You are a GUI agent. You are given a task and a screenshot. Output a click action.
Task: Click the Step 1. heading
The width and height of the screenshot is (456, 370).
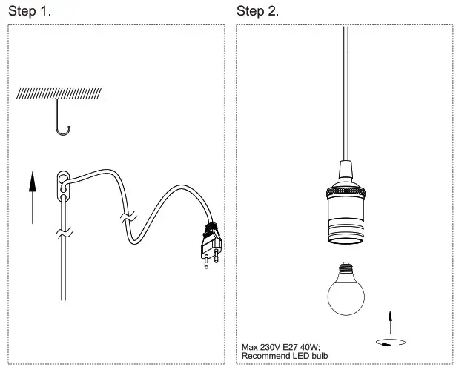30,11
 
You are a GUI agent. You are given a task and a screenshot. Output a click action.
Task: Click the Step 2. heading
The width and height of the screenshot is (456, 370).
258,11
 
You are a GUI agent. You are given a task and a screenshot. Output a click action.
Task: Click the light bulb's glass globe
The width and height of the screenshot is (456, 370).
346,295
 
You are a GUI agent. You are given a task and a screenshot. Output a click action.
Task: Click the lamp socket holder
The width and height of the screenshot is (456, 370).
346,207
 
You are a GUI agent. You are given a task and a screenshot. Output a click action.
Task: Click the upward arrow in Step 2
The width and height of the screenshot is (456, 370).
391,322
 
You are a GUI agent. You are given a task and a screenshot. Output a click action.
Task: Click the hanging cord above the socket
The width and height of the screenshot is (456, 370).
346,89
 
